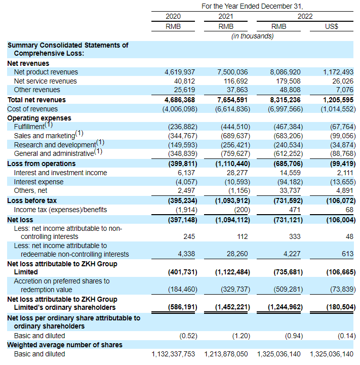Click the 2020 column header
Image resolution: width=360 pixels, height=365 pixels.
[173, 16]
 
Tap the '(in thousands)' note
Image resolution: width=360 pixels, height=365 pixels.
[252, 36]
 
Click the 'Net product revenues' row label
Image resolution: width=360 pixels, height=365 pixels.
[46, 72]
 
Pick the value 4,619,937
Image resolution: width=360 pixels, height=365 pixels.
[180, 72]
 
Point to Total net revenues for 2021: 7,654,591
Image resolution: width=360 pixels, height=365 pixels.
[230, 100]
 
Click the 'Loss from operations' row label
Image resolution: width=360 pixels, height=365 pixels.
[42, 164]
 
